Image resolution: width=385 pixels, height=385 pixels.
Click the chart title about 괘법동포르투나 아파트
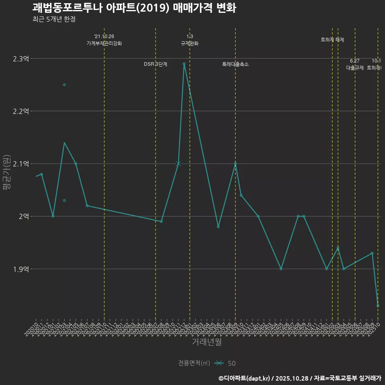(x=134, y=8)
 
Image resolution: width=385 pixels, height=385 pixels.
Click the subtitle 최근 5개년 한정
(x=54, y=19)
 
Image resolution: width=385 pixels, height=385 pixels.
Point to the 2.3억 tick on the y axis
(x=21, y=59)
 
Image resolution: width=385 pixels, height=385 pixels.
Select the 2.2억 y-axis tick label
(x=21, y=111)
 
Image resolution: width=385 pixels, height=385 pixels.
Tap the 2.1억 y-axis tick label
(x=21, y=164)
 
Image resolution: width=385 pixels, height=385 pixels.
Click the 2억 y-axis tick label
(x=24, y=216)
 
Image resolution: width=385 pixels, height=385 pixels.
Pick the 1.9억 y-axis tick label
(x=21, y=269)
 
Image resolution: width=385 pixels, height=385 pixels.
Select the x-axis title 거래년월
(x=207, y=342)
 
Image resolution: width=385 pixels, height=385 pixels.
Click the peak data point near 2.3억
(x=184, y=64)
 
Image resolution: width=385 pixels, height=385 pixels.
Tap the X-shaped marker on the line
(x=178, y=164)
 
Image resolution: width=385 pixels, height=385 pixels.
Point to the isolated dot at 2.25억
(x=64, y=85)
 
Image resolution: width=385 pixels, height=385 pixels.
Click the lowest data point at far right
(x=378, y=306)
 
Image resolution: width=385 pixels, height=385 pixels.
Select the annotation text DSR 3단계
(x=156, y=64)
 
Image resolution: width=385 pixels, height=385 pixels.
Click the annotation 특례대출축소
(x=235, y=64)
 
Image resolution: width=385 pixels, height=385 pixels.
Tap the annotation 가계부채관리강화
(x=104, y=43)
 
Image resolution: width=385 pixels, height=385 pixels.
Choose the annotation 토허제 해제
(x=332, y=40)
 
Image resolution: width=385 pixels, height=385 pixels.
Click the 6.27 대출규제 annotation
(x=355, y=65)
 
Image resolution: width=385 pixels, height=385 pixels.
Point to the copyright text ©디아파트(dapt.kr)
(x=245, y=378)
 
